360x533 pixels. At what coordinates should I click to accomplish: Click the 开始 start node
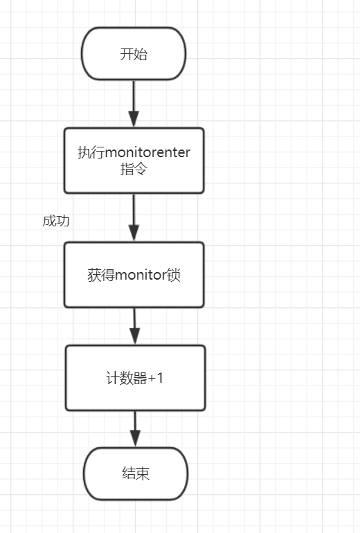coord(134,54)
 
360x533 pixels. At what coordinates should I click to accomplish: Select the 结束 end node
coord(135,473)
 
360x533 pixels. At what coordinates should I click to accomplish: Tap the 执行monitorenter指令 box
coord(134,161)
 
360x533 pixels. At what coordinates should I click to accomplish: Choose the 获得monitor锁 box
coord(134,275)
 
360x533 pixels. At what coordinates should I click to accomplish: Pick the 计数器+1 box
coord(135,378)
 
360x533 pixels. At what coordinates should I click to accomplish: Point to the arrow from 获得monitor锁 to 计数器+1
coord(134,325)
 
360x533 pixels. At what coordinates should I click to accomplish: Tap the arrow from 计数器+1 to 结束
coord(135,428)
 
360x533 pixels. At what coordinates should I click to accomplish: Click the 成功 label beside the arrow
coord(56,221)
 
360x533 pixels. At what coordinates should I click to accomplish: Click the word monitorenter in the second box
coord(146,153)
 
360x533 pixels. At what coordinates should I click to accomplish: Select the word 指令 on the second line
coord(134,169)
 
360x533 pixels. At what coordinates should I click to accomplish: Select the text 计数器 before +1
coord(127,378)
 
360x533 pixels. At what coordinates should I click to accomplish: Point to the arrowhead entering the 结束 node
coord(135,440)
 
